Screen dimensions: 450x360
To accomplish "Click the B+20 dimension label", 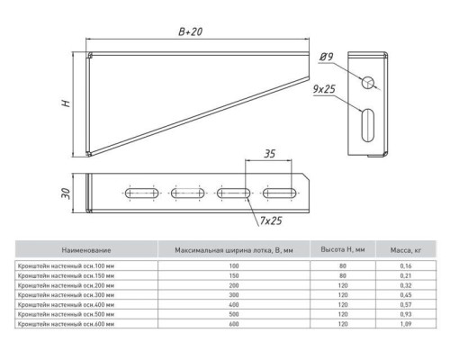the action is coord(191,31).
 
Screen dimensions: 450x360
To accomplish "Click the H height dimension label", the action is coord(66,103).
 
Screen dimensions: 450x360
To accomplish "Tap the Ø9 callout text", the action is coord(326,57).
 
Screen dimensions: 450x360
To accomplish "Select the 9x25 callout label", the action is coord(324,89).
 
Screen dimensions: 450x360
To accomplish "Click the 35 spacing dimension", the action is coord(269,154).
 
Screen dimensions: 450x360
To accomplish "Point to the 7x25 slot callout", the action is coord(271,220).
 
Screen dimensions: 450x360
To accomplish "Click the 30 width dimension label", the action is coord(66,193).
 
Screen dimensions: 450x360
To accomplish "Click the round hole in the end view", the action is coord(368,82).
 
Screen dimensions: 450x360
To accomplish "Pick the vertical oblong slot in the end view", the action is coord(368,125).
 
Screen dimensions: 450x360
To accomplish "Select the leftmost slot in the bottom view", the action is coord(142,193).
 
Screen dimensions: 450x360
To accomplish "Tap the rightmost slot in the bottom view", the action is coord(280,193).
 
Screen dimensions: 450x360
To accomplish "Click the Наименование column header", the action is coord(86,250).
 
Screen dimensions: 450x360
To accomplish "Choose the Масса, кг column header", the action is coord(406,250).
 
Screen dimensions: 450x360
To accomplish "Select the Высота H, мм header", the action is coord(343,249).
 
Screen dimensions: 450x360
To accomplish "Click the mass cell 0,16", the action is coord(406,265).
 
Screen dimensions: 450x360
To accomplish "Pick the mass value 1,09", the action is coord(406,324).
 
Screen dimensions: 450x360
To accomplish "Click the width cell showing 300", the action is coord(234,295).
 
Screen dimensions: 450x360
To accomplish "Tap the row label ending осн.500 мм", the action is coord(66,314).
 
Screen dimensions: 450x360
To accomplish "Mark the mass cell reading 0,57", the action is coord(406,304).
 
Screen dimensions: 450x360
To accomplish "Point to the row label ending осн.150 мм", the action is coord(66,275).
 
